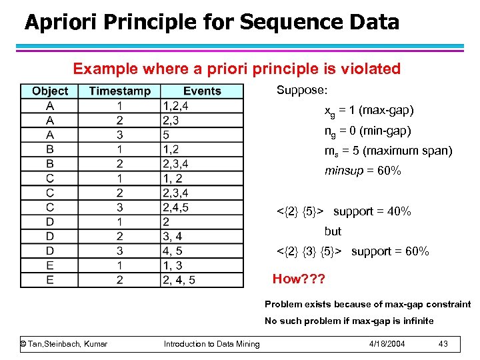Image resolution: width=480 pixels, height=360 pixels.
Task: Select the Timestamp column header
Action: coord(119,91)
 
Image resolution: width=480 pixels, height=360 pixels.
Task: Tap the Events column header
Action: coord(201,91)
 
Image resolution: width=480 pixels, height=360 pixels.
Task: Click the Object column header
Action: coord(50,91)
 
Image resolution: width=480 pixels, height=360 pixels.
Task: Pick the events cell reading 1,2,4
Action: coord(175,106)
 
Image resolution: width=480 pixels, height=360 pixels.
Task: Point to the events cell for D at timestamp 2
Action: coord(172,237)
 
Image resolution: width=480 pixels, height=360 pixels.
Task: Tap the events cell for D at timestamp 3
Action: coord(172,251)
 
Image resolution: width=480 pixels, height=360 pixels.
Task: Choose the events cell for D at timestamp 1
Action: coord(166,222)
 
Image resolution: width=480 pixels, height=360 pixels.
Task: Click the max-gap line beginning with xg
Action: coord(369,110)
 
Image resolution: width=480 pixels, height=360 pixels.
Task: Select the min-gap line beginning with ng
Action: coord(367,131)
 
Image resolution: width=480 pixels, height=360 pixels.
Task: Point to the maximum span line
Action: coord(388,151)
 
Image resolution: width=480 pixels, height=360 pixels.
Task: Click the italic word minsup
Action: coord(343,171)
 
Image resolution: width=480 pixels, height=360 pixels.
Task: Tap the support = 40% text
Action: coord(372,211)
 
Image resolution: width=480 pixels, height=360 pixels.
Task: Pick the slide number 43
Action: coord(443,343)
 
